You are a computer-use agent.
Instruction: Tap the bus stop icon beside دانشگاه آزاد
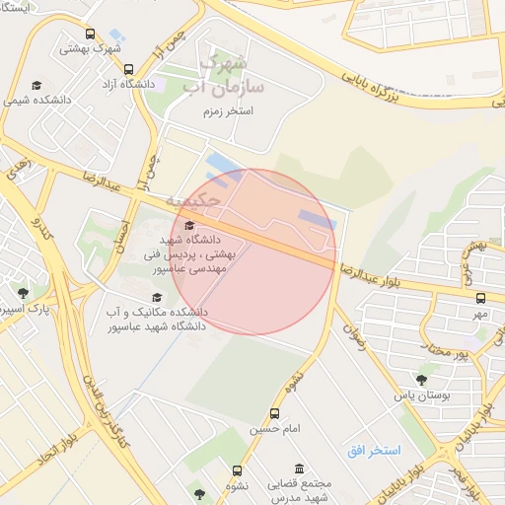tap(129, 70)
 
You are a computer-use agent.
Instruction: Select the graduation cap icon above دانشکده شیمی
tap(36, 85)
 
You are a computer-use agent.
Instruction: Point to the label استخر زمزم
tap(226, 111)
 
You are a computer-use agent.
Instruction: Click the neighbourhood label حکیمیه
tap(174, 202)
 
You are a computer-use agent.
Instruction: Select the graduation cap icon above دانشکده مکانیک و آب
tap(155, 297)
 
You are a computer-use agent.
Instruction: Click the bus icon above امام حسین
tap(274, 414)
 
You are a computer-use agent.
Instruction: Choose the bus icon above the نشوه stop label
tap(237, 471)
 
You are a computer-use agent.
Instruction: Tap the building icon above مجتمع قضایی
tap(299, 469)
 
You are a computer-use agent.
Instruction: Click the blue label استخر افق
tap(373, 450)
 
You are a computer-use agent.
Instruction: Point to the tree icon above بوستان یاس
tap(422, 379)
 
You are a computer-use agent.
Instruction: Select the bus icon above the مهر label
tap(480, 298)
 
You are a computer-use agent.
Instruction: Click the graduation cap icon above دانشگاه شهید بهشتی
tap(189, 226)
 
